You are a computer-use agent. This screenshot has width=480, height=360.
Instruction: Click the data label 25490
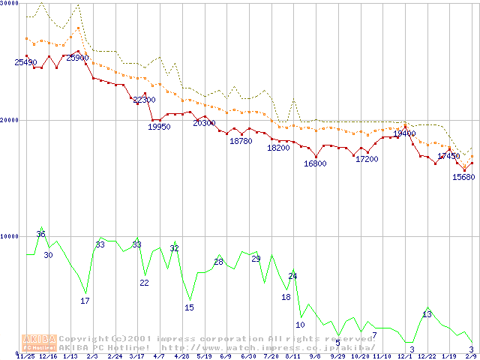25,62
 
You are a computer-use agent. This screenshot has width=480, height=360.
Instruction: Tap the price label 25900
77,58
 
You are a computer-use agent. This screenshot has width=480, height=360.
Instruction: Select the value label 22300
143,100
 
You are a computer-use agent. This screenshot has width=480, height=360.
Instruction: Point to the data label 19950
159,127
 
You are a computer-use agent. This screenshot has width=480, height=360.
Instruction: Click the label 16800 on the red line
315,163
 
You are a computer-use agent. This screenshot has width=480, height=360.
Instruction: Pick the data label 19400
404,133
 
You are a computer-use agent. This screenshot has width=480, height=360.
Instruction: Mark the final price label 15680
463,178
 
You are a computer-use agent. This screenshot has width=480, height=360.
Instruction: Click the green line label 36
40,234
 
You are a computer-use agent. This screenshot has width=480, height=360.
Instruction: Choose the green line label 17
85,301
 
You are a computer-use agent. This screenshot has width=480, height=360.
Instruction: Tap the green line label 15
189,307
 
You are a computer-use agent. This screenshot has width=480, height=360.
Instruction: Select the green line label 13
427,314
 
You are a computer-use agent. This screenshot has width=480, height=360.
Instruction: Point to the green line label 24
292,276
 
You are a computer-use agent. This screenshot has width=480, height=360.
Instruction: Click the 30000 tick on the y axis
10,4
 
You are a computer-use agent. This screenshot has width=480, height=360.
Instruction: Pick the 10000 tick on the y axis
10,236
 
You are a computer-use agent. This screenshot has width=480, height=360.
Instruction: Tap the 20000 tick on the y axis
10,120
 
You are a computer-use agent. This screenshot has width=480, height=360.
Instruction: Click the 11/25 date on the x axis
25,356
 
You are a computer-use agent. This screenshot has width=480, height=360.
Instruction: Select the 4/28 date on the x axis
181,356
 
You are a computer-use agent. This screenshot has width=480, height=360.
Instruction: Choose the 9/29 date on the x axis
337,356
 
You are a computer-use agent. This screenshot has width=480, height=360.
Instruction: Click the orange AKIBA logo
39,342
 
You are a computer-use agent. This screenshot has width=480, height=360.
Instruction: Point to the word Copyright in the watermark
85,338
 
